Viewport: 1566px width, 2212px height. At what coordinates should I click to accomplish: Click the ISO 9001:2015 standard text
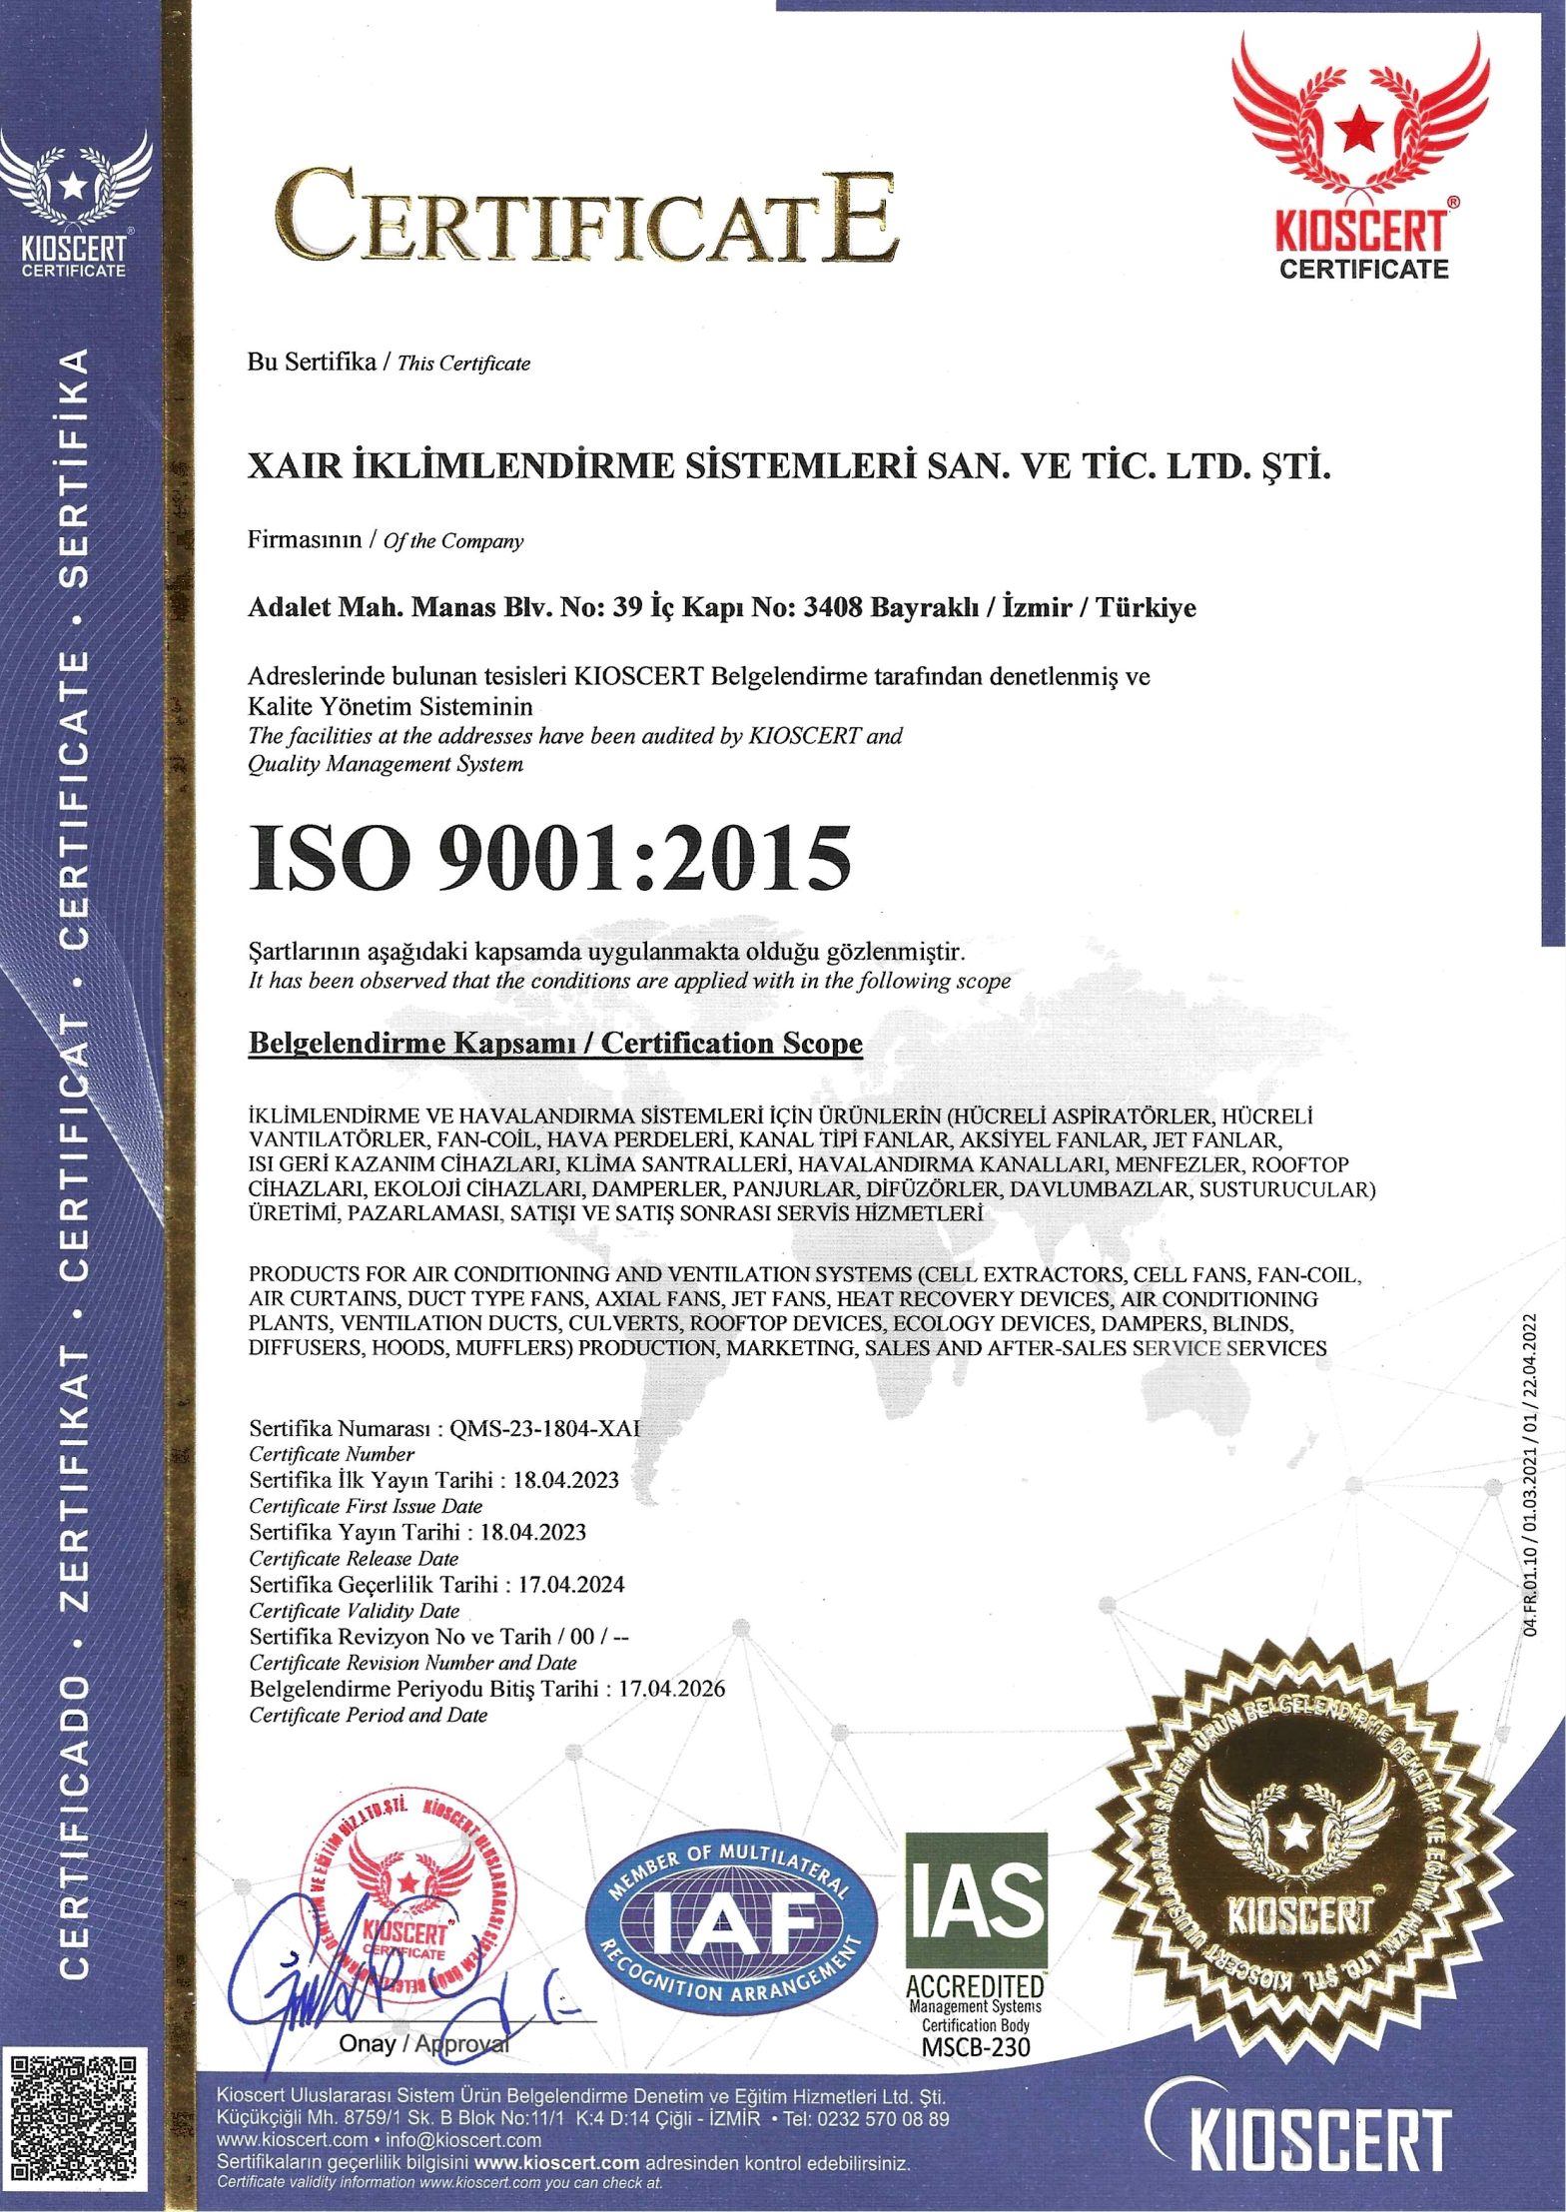tap(552, 860)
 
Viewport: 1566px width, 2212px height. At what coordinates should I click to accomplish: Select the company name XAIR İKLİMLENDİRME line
tap(789, 466)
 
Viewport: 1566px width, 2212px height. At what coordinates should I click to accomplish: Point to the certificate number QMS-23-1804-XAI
tap(544, 1427)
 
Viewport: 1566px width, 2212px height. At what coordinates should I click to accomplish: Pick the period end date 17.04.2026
tap(671, 1689)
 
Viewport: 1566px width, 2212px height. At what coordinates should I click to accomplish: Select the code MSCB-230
tap(975, 2046)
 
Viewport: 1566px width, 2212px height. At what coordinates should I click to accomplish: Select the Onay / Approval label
tap(424, 2043)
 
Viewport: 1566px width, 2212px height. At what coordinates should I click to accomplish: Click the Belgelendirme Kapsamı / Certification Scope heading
tap(554, 1044)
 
